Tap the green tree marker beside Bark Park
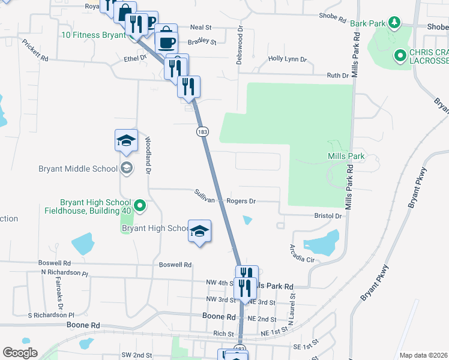[394, 23]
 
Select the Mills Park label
[346, 157]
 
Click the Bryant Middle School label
[78, 169]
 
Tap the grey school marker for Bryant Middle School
[126, 168]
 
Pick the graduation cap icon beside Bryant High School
[199, 230]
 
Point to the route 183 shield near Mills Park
[202, 131]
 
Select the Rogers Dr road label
[241, 202]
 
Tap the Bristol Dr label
[328, 215]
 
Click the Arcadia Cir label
[302, 253]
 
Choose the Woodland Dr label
[148, 155]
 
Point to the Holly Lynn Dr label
[287, 59]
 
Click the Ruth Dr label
[337, 76]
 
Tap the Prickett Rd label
[35, 50]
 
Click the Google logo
[20, 352]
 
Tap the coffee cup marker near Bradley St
[166, 43]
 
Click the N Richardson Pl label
[64, 273]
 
